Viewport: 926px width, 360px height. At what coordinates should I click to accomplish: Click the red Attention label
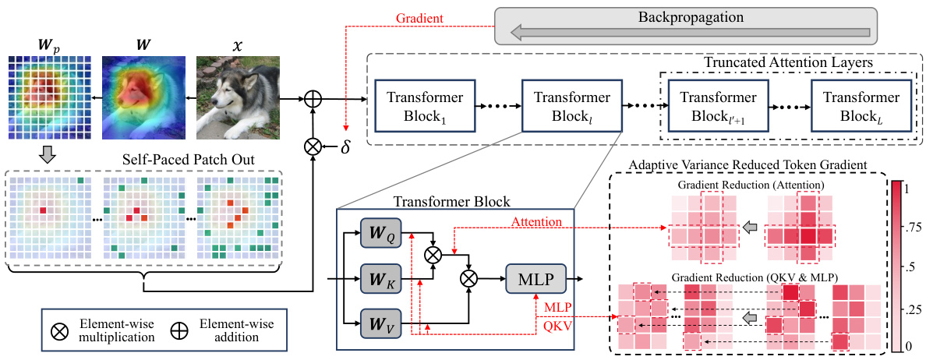537,222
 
